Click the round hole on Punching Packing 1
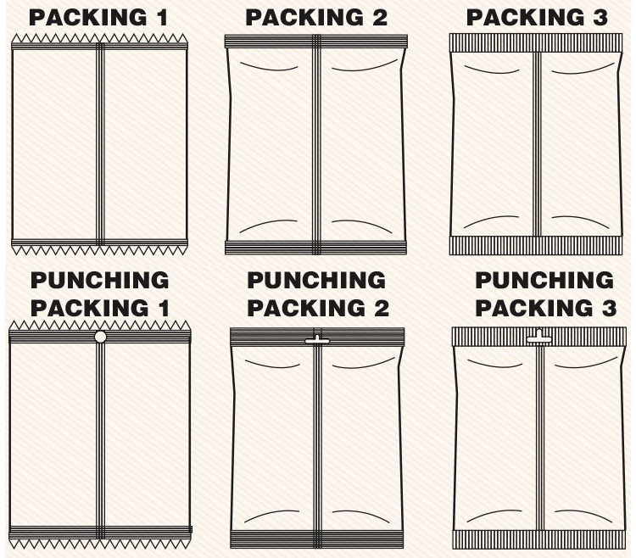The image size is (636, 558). click(x=100, y=337)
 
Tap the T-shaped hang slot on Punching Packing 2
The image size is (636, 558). click(x=317, y=340)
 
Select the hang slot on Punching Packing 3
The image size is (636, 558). click(x=538, y=337)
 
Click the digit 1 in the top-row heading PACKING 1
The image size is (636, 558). click(x=162, y=18)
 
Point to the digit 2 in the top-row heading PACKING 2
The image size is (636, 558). click(x=380, y=18)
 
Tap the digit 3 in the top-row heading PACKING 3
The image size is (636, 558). click(x=600, y=18)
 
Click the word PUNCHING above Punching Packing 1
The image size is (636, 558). click(x=100, y=280)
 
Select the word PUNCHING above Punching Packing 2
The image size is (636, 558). click(x=316, y=280)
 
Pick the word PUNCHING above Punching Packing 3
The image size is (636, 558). click(x=544, y=280)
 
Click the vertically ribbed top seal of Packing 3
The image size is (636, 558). click(x=536, y=42)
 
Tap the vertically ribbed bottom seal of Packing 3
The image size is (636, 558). click(x=535, y=245)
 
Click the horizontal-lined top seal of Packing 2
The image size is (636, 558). click(x=316, y=42)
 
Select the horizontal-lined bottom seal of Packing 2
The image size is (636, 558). click(x=316, y=248)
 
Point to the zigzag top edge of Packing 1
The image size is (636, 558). click(x=99, y=38)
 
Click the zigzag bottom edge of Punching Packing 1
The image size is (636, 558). click(x=100, y=544)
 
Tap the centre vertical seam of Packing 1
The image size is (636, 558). click(x=100, y=144)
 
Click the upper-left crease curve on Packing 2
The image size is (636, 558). click(x=269, y=67)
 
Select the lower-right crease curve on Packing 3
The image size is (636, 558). click(x=580, y=221)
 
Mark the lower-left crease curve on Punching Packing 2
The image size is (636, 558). click(x=271, y=516)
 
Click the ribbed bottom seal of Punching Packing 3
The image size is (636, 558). click(x=539, y=539)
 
